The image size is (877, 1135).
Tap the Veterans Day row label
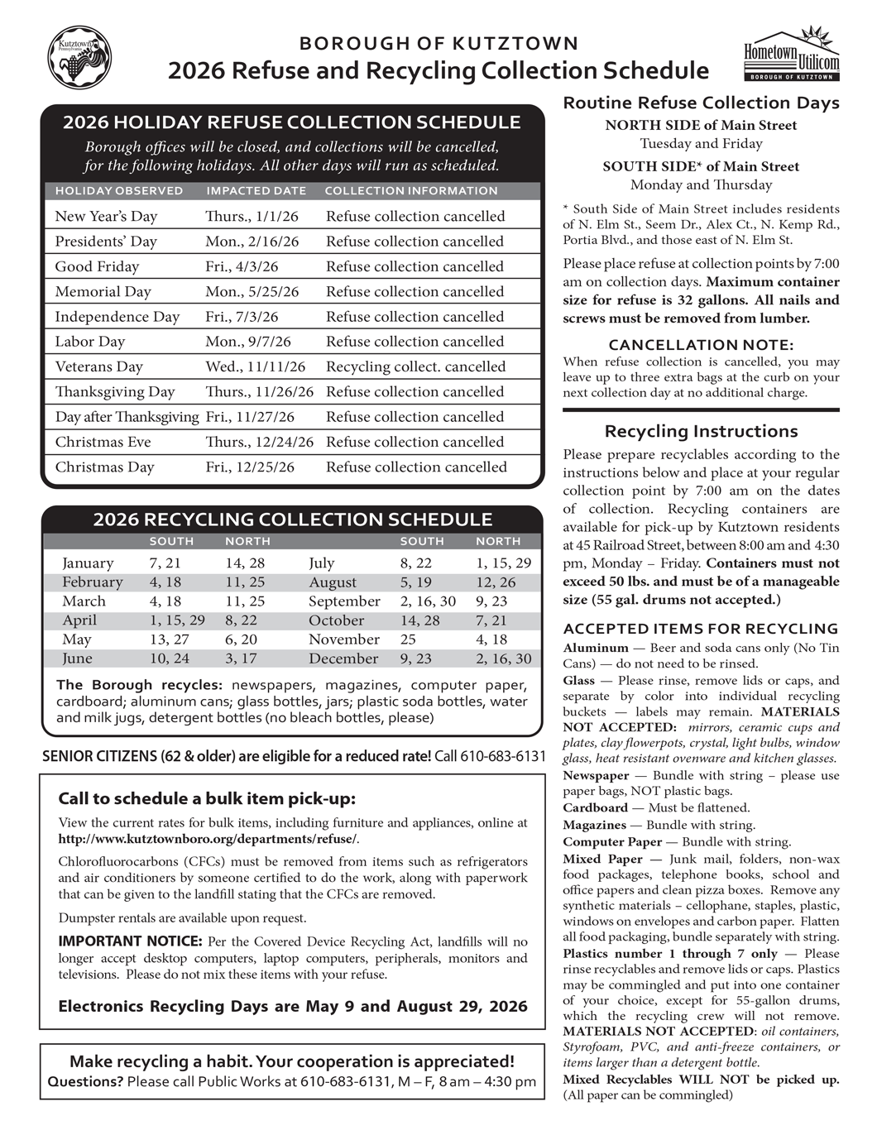click(98, 366)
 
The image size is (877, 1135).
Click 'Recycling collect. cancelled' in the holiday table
click(415, 366)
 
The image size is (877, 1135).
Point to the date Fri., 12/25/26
click(250, 467)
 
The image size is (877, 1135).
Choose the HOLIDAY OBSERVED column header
click(119, 191)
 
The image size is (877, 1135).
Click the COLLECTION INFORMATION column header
click(411, 191)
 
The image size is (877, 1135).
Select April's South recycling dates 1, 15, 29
click(177, 620)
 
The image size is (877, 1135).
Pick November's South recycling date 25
click(408, 639)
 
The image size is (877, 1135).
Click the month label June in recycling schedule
click(78, 659)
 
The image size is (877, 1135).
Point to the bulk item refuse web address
click(208, 840)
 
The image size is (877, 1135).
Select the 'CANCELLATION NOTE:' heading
click(701, 345)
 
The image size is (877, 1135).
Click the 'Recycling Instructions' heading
click(701, 431)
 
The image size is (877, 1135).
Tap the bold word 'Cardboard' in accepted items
click(595, 808)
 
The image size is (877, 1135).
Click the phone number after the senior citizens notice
click(503, 756)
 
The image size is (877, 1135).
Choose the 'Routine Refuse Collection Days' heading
click(701, 103)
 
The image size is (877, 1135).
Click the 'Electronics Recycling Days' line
click(292, 1007)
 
